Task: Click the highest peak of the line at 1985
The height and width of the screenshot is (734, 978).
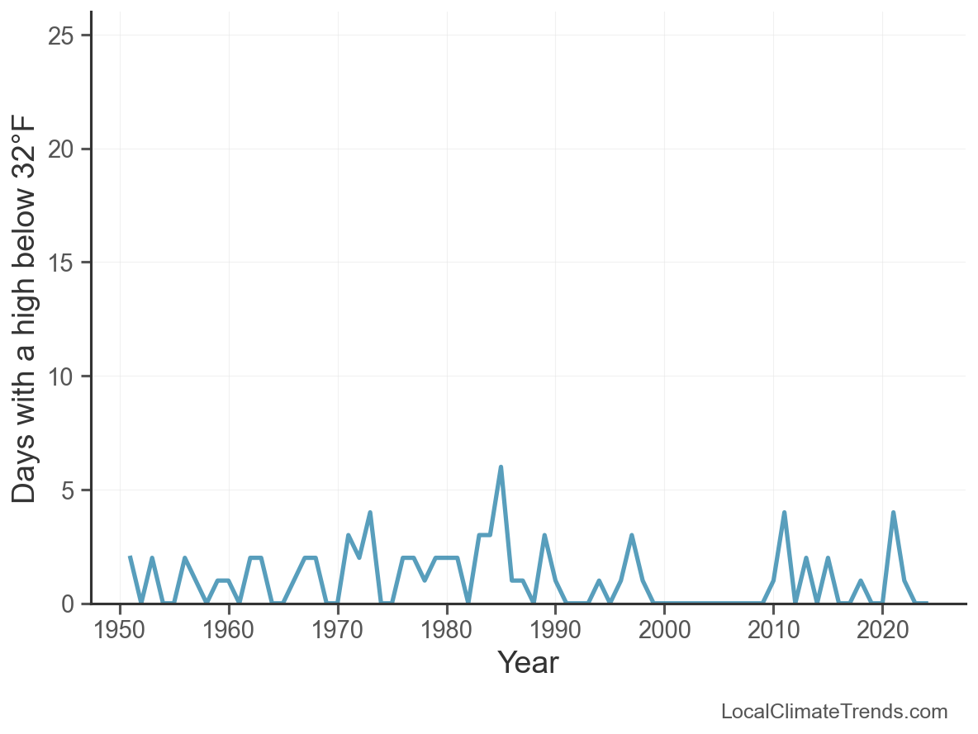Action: coord(501,467)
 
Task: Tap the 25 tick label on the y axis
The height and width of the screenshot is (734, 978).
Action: coord(67,36)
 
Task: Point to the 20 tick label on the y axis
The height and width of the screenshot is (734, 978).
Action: coord(67,149)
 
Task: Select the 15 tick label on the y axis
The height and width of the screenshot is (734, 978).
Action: coord(67,263)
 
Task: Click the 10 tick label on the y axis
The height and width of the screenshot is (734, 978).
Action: coord(67,376)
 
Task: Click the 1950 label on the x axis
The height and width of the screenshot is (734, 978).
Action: coord(120,631)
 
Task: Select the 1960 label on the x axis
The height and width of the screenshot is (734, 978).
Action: coord(229,631)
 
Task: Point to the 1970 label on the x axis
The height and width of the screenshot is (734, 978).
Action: coord(338,631)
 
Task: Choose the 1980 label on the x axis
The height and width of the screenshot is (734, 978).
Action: coord(447,631)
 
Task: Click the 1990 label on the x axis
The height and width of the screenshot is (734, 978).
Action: coord(555,631)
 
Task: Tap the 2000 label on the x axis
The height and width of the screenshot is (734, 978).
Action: coord(664,631)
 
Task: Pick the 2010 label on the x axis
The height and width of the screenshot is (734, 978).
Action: coord(773,631)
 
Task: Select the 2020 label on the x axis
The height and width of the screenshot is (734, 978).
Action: coord(882,631)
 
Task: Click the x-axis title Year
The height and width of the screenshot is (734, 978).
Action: coord(528,662)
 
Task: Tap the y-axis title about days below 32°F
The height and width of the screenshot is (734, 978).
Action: coord(25,308)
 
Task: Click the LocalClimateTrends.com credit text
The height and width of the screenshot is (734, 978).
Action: coord(834,712)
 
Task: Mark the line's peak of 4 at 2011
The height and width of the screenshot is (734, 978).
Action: coord(784,513)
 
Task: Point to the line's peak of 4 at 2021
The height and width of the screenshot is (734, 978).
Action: coord(893,513)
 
